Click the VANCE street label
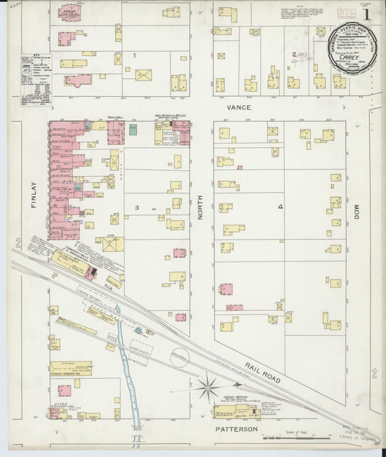(x=238, y=107)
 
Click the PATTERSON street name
(x=237, y=429)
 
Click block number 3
(x=135, y=208)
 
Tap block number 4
(x=280, y=207)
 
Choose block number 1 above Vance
(x=134, y=55)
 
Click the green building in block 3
(x=133, y=129)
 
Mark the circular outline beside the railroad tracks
(x=179, y=357)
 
